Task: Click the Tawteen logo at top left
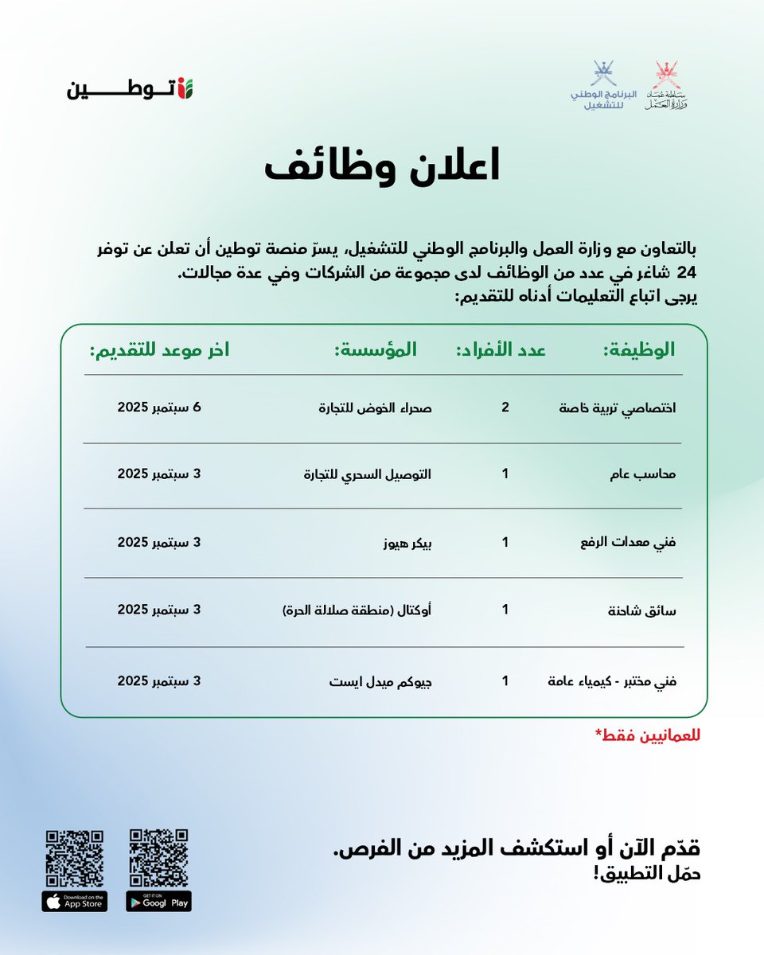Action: [130, 88]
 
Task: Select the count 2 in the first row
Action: [505, 407]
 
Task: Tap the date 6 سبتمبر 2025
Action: [160, 407]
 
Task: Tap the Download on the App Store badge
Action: [75, 902]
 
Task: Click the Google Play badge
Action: [159, 902]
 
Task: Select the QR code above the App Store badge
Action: [75, 859]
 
